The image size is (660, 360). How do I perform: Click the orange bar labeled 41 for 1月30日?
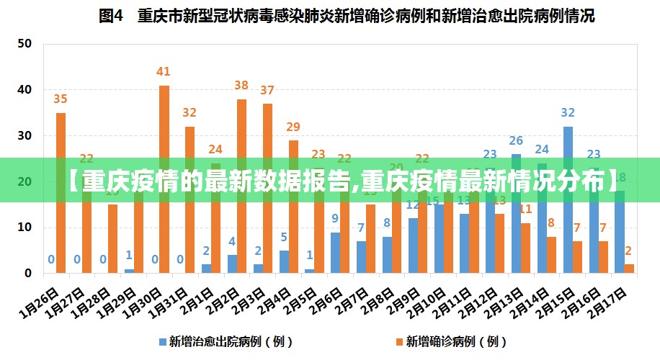tap(164, 180)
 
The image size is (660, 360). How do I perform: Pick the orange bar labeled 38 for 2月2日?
tap(241, 186)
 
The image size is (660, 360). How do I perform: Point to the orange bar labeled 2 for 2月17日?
tap(629, 269)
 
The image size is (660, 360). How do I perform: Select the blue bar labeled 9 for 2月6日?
tap(335, 253)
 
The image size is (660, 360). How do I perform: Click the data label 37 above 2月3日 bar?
tap(267, 90)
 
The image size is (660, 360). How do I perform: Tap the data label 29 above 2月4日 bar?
tap(293, 127)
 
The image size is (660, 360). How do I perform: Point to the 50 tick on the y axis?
tap(24, 44)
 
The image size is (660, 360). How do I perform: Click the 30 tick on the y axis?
tap(24, 135)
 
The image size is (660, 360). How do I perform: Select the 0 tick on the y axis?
tap(28, 274)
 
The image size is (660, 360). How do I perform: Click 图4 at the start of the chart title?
tap(111, 16)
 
